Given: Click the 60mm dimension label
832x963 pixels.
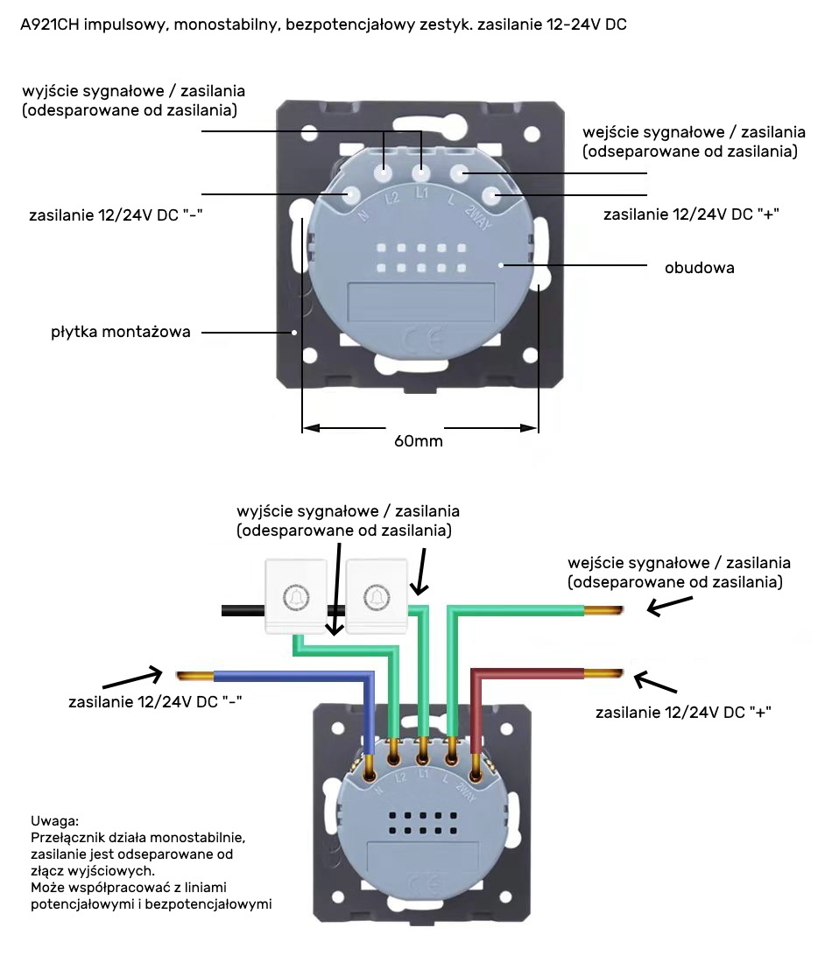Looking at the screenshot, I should point(419,441).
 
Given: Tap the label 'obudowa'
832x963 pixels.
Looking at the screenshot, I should point(699,268).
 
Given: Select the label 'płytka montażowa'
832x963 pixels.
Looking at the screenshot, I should point(120,333).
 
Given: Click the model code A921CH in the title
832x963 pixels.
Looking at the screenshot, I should point(50,25).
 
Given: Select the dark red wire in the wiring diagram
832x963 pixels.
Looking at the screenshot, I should point(525,674).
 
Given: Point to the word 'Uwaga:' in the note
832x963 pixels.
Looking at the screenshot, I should point(54,822).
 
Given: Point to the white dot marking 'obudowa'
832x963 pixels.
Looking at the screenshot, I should point(500,264).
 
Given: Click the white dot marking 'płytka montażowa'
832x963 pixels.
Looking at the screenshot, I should point(295,333).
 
